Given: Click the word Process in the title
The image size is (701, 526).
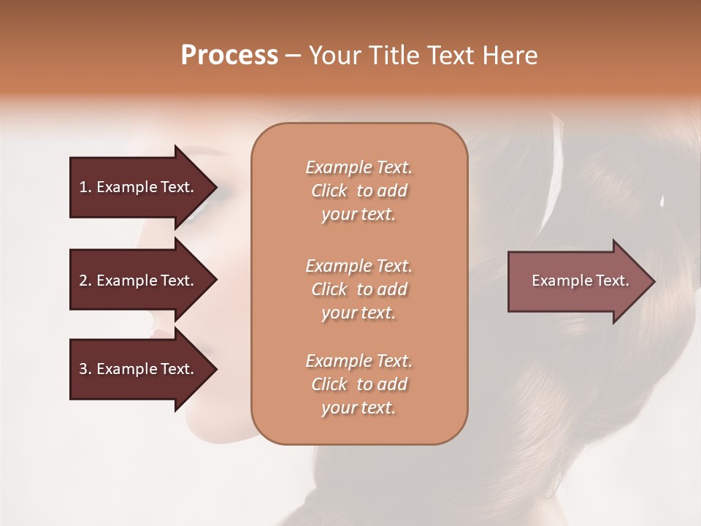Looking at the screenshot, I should pyautogui.click(x=229, y=56).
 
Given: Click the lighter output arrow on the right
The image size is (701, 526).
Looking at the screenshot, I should pyautogui.click(x=577, y=281).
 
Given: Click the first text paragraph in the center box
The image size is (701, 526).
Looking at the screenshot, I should pyautogui.click(x=359, y=191).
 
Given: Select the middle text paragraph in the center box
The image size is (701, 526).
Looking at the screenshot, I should pyautogui.click(x=359, y=289).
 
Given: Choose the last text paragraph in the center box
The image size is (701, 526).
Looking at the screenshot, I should pyautogui.click(x=359, y=384).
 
